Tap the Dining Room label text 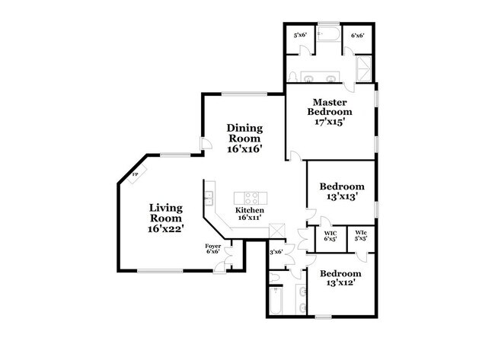(x=244, y=139)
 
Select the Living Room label (x=165, y=217)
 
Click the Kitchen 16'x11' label (x=249, y=214)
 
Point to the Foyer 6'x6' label (x=213, y=248)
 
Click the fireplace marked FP (x=136, y=175)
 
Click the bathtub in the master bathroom (x=331, y=36)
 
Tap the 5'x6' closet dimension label (x=300, y=36)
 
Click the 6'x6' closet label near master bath (x=357, y=36)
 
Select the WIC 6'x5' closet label (x=331, y=236)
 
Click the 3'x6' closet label (x=276, y=252)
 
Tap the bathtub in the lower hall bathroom (x=275, y=301)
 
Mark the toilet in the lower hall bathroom (x=302, y=292)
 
